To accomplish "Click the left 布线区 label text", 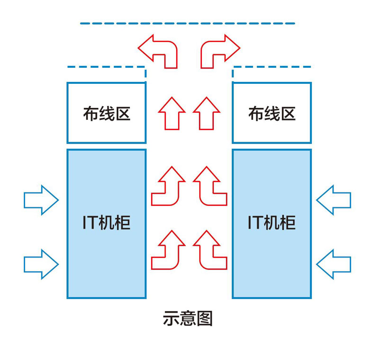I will tap(106, 114).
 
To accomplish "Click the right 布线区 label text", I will tap(271, 114).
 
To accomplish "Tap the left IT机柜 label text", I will tap(106, 223).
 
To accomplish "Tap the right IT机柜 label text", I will tap(271, 223).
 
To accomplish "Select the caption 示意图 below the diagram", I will tap(188, 318).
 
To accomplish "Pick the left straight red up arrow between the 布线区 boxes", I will tap(171, 114).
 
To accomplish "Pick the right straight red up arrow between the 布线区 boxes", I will tap(207, 114).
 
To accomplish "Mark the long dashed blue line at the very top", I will tap(188, 23).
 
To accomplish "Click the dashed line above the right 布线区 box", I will tap(272, 67).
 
